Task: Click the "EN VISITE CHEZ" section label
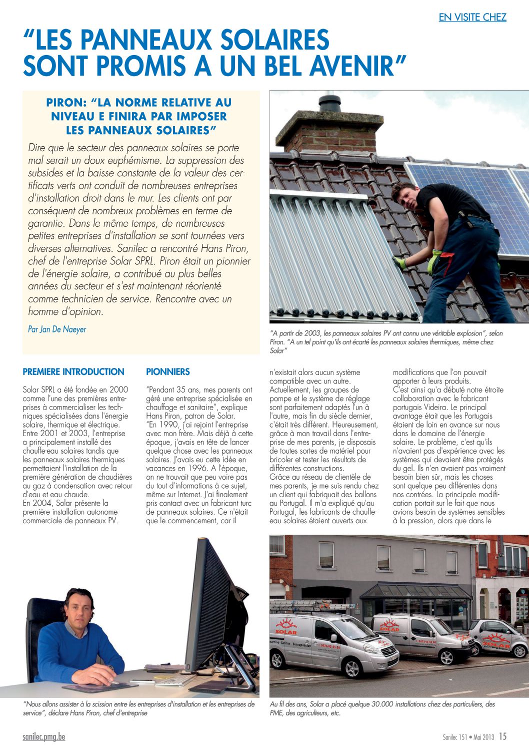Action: click(472, 18)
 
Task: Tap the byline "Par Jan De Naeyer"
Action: click(57, 329)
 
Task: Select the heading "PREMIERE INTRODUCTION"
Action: click(73, 372)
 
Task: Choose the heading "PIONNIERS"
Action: click(168, 372)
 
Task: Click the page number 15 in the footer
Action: click(502, 736)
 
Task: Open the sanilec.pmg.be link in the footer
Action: click(44, 737)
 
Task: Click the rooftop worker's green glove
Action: click(433, 260)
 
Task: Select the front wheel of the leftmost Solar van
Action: click(352, 668)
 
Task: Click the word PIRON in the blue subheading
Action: click(65, 103)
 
